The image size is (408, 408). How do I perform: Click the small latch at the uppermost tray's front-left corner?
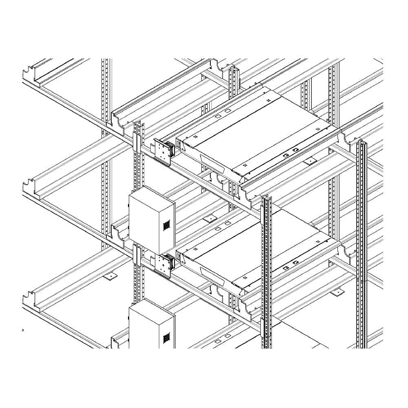(x=179, y=143)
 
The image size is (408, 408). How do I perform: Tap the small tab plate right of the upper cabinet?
(x=210, y=219)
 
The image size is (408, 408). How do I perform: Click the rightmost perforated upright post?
(x=360, y=245)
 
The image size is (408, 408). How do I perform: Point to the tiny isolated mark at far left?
(x=23, y=329)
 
